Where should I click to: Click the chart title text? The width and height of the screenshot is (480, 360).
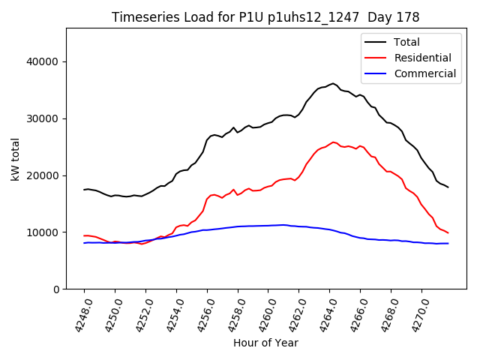coord(265,17)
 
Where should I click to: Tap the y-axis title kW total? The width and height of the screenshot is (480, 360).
coord(15,159)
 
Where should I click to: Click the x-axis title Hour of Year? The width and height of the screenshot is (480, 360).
coord(265,343)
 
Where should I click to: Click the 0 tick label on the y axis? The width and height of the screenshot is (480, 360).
coord(57,289)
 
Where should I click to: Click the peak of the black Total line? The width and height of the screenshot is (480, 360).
coord(333,83)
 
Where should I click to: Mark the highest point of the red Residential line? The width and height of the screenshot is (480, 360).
coord(334,142)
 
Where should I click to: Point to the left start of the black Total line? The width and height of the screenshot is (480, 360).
coord(84,190)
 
